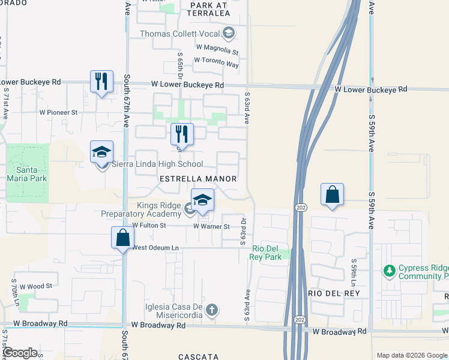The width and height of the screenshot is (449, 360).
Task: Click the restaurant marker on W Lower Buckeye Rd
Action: click(x=101, y=81)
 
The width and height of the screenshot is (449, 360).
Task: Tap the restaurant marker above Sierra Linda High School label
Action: click(x=182, y=134)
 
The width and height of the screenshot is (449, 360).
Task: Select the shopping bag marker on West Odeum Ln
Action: click(x=122, y=237)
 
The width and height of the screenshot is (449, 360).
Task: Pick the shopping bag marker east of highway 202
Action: click(x=332, y=194)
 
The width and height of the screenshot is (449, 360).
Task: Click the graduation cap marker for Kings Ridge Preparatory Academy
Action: click(x=202, y=200)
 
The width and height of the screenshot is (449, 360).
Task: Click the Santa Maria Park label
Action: click(x=27, y=173)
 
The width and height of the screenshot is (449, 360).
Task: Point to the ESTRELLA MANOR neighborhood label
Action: click(x=197, y=179)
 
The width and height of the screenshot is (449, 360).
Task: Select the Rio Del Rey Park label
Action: click(x=267, y=253)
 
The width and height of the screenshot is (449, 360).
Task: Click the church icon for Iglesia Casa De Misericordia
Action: click(x=211, y=310)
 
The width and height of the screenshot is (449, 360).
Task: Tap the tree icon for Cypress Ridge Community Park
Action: click(x=390, y=271)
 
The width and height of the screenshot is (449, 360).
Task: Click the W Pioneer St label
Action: click(x=58, y=112)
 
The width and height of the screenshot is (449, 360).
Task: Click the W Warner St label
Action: click(x=211, y=226)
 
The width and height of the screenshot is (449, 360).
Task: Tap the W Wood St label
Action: click(x=36, y=287)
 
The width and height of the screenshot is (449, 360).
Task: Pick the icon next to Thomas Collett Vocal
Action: click(x=228, y=32)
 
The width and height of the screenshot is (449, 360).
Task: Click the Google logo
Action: click(x=20, y=353)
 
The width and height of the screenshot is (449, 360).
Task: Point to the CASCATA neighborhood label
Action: click(x=198, y=356)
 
